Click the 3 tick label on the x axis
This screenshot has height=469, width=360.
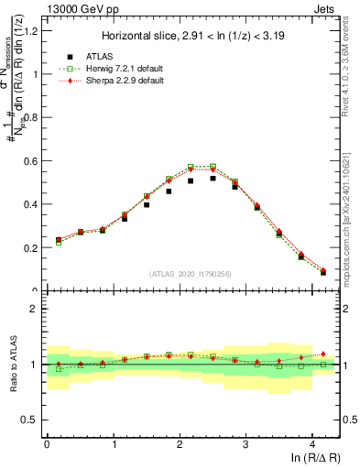(245, 445)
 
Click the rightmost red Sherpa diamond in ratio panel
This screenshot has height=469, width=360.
(323, 354)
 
